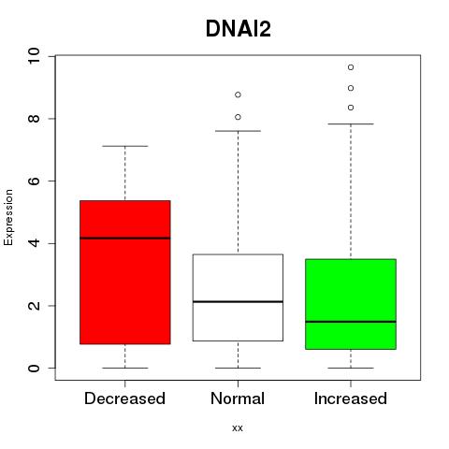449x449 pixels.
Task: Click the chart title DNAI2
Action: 239,29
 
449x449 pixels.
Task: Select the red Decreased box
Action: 125,272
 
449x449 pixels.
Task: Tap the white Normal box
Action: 238,297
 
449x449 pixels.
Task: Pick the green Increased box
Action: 351,304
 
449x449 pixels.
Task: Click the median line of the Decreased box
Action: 125,238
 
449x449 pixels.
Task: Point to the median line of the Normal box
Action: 238,301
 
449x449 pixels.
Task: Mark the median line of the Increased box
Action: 351,322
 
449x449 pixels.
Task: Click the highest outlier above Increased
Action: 351,67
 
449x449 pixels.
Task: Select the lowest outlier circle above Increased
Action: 351,108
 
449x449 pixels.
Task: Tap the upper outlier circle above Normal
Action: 238,94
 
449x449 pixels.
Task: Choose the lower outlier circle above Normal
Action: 238,117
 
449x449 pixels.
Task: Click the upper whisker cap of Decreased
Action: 125,146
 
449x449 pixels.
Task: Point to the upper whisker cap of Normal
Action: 238,131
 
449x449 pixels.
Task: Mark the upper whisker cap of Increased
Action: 351,123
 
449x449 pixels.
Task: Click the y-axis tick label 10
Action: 34,56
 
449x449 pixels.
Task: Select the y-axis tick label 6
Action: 34,181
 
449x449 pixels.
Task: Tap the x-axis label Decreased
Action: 124,398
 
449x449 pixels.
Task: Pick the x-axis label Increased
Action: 351,398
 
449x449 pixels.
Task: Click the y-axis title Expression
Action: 8,217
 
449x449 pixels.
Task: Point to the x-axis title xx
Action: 238,428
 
